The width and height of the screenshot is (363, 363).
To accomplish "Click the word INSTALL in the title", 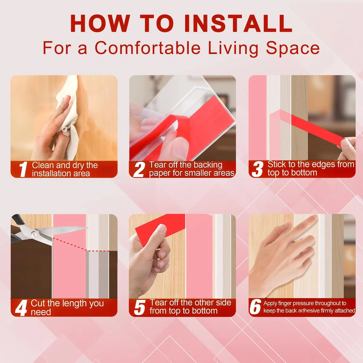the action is pos(238,24).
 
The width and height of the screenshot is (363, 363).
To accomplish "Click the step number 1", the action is pos(23,169).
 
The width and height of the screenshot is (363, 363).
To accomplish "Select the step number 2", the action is pos(139,169).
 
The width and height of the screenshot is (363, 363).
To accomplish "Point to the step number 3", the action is pos(257,169).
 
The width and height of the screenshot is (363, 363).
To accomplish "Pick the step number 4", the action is pos(21,308).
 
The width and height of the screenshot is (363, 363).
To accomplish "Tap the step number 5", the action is pos(139,308).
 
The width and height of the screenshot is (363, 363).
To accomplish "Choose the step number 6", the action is pos(255,308).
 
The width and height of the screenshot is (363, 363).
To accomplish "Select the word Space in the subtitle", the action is pos(293,48).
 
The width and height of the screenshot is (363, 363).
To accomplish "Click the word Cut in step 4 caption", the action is pos(38,303).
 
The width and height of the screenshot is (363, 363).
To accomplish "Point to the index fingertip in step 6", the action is pos(314,218).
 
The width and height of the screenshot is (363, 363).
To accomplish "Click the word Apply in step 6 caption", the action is pos(270,304).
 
